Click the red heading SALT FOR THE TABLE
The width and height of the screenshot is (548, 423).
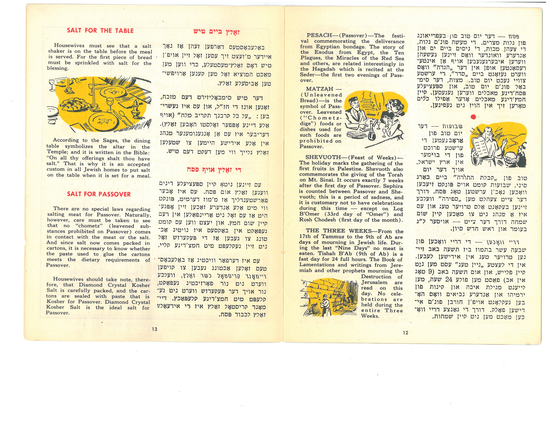tap(100, 31)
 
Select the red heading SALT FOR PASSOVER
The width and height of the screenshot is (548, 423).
tap(99, 194)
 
